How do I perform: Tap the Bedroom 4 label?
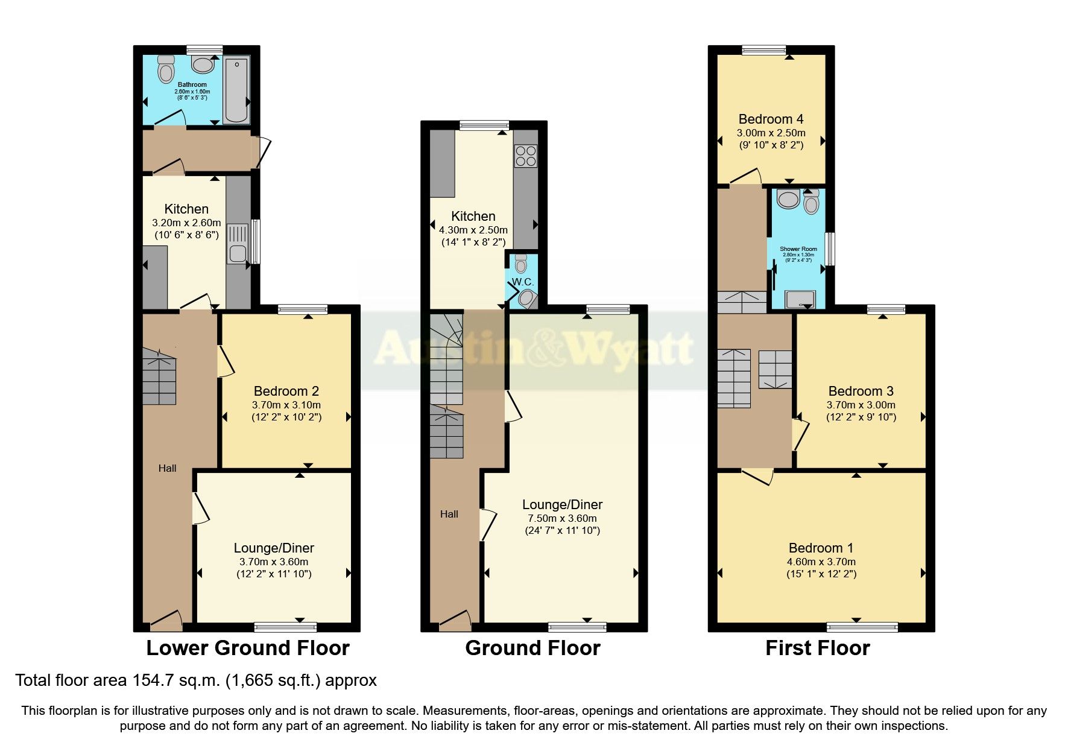coord(771,119)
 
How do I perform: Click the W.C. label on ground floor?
coord(523,282)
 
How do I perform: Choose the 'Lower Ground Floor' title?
coord(247,648)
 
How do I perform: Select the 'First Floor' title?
coord(817,648)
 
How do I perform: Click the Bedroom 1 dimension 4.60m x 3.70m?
coord(821,562)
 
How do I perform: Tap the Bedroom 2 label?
coord(286,391)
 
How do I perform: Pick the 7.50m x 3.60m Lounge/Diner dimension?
coord(562,518)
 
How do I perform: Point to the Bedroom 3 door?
coord(800,435)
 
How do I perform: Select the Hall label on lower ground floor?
coord(168,468)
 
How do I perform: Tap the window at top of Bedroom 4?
coord(763,50)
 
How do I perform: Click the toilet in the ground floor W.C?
coord(521,263)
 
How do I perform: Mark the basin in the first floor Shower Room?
coord(788,198)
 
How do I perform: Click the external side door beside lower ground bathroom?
coord(264,152)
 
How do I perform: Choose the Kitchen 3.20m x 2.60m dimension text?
coord(186,223)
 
